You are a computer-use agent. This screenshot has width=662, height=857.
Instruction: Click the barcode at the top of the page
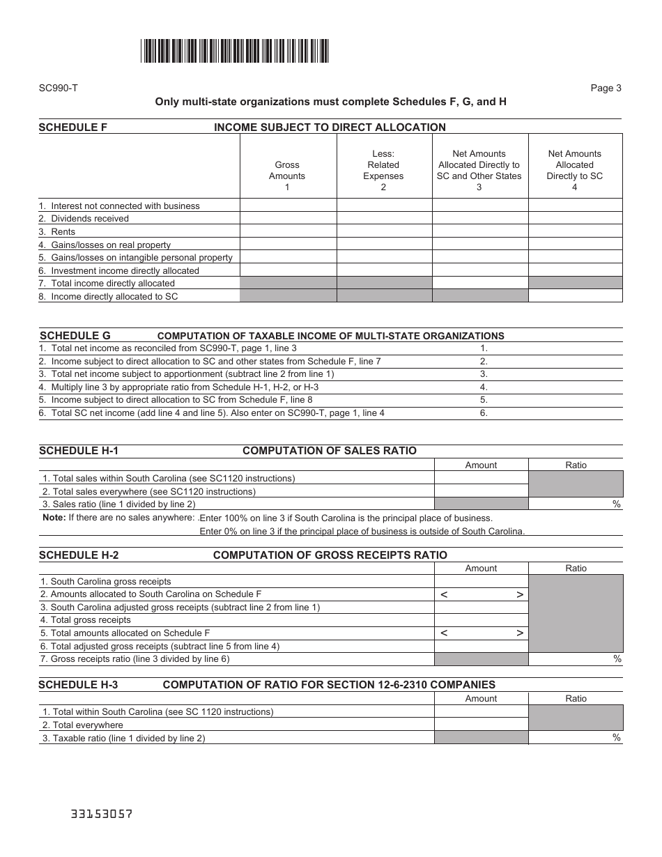click(234, 51)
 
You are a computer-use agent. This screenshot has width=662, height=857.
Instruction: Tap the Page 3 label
click(606, 88)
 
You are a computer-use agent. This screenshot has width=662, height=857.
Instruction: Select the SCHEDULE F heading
click(72, 128)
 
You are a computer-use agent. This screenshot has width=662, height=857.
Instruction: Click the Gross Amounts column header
click(287, 171)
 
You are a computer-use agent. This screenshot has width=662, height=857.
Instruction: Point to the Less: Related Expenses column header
click(383, 171)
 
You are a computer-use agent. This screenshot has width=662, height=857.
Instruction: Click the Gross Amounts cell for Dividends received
click(288, 219)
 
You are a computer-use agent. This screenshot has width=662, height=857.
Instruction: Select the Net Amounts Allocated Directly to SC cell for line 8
click(575, 296)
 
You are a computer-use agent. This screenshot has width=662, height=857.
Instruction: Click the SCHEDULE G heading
click(75, 336)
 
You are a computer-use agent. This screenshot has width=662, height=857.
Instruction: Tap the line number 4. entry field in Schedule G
click(551, 387)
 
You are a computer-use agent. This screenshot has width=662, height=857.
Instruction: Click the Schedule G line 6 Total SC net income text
click(211, 413)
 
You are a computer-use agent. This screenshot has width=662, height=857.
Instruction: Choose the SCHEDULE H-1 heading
click(79, 451)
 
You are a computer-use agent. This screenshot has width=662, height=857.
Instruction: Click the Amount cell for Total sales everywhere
click(481, 491)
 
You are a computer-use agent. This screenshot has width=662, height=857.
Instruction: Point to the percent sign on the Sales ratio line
click(616, 504)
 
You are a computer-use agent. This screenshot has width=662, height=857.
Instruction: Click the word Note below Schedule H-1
click(53, 518)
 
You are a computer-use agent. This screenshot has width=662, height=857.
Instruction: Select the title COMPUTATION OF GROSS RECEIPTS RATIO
click(330, 555)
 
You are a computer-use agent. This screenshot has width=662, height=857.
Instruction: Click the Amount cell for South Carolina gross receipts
click(481, 582)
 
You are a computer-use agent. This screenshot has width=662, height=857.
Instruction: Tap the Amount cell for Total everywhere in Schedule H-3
click(481, 725)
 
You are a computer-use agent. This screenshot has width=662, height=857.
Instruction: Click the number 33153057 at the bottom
click(101, 814)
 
